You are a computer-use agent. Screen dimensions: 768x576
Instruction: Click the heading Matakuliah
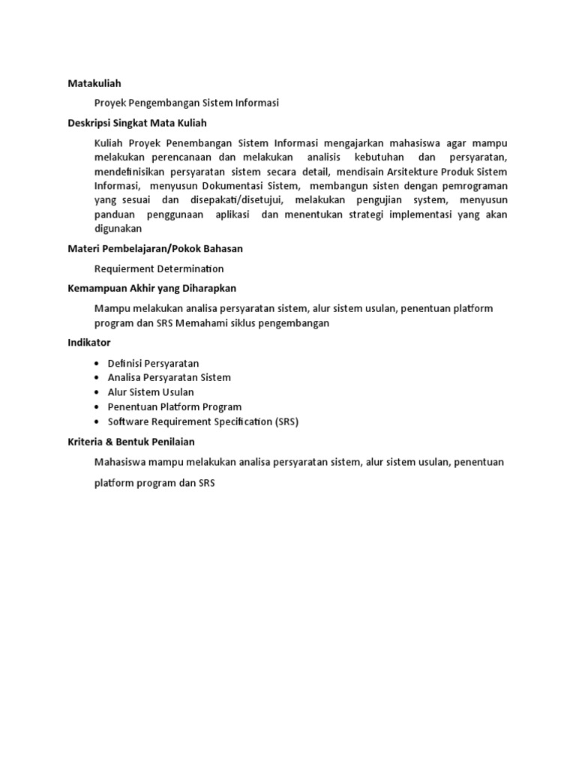pyautogui.click(x=94, y=83)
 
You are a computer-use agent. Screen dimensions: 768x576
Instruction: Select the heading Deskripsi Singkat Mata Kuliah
pyautogui.click(x=137, y=123)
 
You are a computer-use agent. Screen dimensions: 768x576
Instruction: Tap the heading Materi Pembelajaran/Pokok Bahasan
pyautogui.click(x=155, y=248)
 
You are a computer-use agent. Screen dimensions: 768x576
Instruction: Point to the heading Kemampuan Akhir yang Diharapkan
pyautogui.click(x=152, y=288)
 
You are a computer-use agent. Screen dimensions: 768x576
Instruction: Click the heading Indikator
pyautogui.click(x=89, y=342)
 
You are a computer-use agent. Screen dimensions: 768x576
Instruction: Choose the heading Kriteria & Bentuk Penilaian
pyautogui.click(x=131, y=442)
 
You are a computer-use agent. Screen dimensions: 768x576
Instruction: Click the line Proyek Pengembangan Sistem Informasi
pyautogui.click(x=186, y=103)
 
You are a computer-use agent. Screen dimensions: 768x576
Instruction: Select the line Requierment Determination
pyautogui.click(x=159, y=268)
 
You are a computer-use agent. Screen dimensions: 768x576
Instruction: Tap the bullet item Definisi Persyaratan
pyautogui.click(x=153, y=363)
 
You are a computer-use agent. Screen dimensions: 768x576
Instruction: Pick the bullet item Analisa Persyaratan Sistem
pyautogui.click(x=169, y=377)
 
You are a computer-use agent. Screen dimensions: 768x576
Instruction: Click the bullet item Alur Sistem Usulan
pyautogui.click(x=151, y=392)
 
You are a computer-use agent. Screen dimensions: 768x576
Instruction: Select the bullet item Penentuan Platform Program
pyautogui.click(x=175, y=406)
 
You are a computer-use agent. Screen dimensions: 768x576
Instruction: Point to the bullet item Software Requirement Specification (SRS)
pyautogui.click(x=203, y=421)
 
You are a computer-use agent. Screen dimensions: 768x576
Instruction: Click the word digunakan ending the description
pyautogui.click(x=118, y=229)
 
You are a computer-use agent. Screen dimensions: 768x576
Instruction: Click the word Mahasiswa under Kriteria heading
pyautogui.click(x=121, y=462)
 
